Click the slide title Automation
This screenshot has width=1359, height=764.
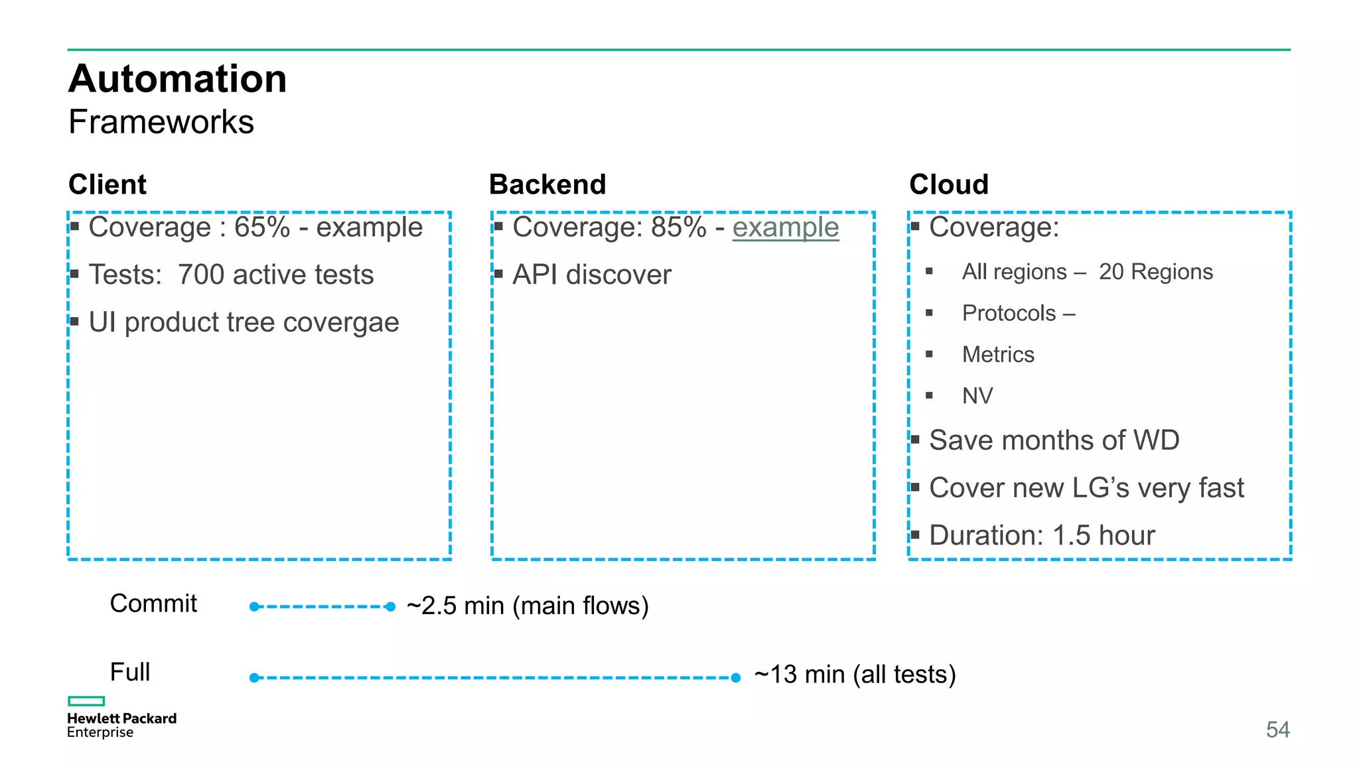177,79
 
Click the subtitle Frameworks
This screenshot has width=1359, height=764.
161,122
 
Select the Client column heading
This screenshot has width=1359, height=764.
107,184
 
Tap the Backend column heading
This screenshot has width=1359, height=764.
547,184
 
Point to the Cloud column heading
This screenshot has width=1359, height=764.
949,184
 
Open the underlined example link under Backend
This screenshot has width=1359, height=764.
786,227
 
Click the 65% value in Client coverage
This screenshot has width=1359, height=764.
262,227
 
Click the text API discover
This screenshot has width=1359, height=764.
592,275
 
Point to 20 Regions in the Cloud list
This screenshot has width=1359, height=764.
1155,272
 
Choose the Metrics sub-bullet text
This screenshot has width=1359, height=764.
998,355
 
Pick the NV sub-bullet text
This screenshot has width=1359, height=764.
977,396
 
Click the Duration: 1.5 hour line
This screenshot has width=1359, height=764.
1042,535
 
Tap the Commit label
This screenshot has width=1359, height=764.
153,604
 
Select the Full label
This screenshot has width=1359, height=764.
130,672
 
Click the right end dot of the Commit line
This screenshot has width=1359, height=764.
391,607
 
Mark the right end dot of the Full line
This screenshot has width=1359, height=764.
735,678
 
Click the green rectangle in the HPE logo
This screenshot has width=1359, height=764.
86,701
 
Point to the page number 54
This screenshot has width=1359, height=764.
1277,730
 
